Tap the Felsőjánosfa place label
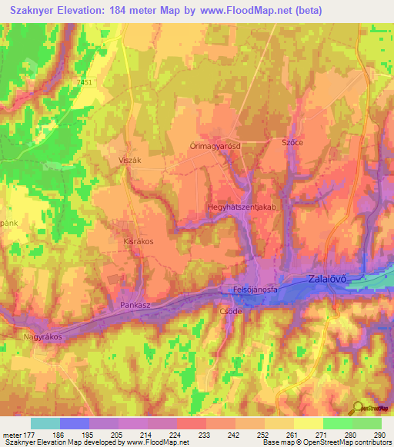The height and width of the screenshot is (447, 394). [255, 290]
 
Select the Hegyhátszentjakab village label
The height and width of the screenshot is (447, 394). [242, 207]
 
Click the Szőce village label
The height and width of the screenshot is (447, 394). [292, 143]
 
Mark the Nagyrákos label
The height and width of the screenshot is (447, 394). [41, 336]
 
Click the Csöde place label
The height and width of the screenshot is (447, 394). [231, 312]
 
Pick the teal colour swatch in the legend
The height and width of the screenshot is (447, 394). [45, 423]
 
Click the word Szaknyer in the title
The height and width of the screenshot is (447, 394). [37, 10]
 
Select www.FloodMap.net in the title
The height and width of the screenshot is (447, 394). [246, 10]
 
